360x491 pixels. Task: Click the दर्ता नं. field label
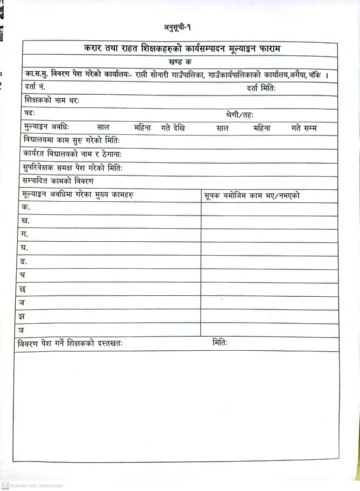(35, 87)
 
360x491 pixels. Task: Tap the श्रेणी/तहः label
(240, 115)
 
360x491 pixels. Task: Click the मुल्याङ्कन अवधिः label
(46, 128)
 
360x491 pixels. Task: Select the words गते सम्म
(304, 128)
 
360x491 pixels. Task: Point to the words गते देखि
(173, 128)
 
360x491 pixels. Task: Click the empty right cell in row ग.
(269, 235)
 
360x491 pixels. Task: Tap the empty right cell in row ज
(269, 303)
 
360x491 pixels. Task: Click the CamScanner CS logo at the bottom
(5, 485)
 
